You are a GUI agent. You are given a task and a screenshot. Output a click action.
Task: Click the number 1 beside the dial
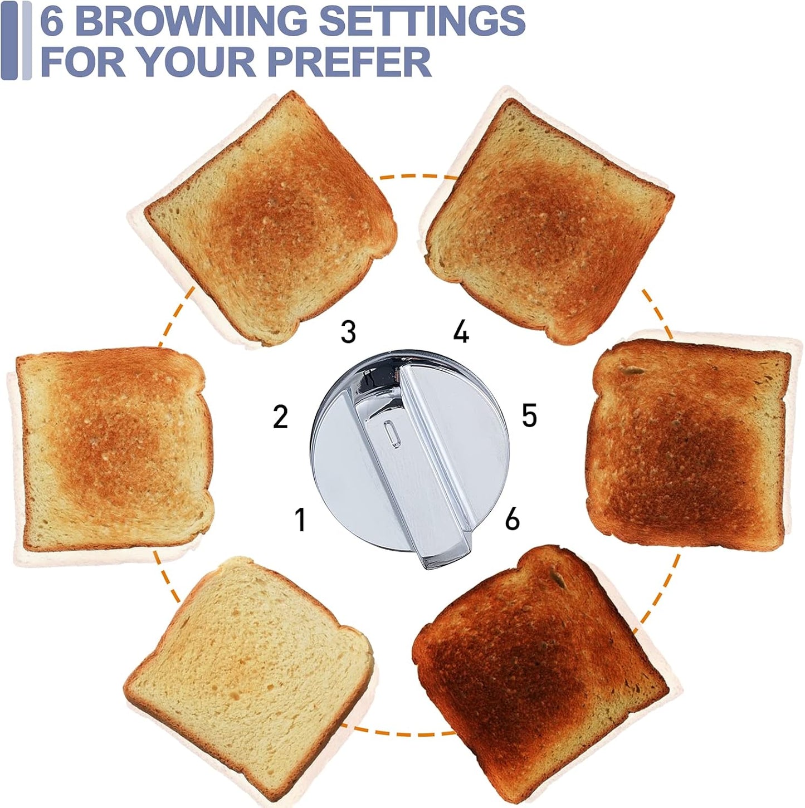point(300,520)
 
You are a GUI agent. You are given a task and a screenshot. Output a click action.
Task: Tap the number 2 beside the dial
point(280,417)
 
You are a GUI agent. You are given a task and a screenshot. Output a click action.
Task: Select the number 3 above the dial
point(348,332)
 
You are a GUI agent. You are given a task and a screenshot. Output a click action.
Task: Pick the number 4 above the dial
point(461,332)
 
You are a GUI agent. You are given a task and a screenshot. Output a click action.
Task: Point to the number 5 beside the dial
point(529,415)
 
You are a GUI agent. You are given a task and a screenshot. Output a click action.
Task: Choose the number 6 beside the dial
point(512,519)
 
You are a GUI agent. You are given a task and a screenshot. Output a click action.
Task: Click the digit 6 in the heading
point(51,21)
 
